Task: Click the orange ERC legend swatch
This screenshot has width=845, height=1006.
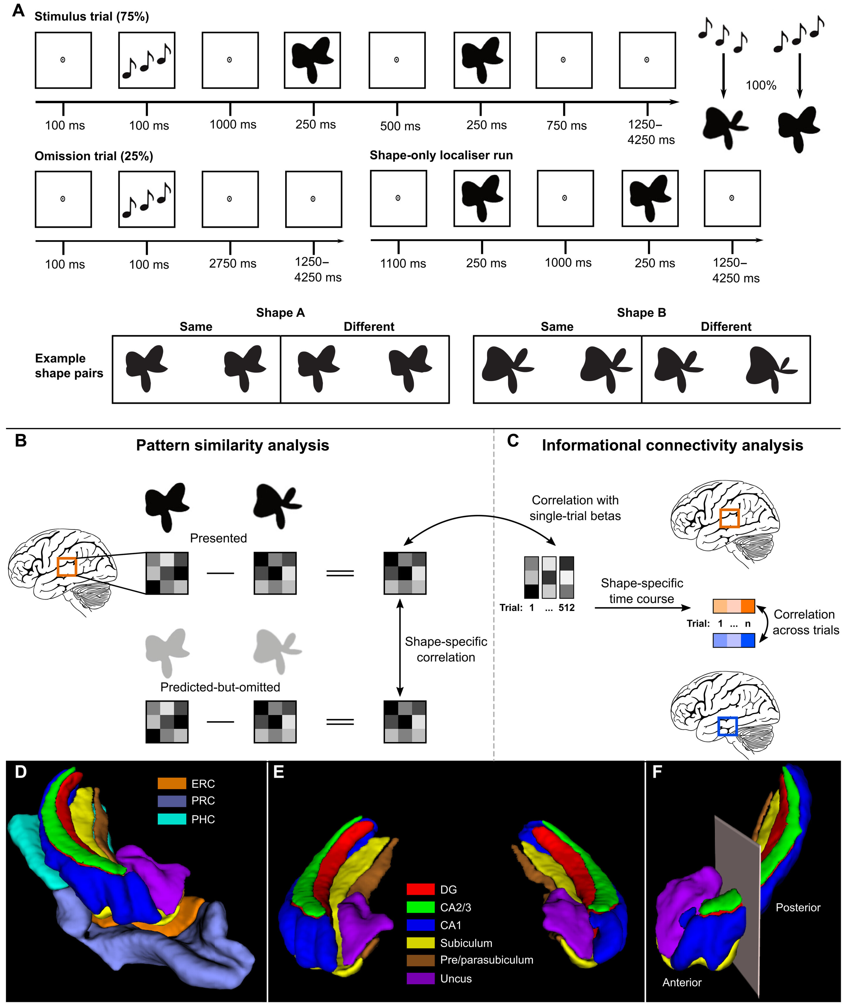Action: tap(172, 783)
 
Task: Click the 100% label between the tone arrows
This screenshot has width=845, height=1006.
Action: tap(760, 85)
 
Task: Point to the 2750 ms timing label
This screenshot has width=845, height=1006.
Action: tap(232, 263)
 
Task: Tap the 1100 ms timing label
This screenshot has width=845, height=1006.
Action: tap(403, 263)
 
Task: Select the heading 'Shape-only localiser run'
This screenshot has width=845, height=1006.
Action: tap(441, 155)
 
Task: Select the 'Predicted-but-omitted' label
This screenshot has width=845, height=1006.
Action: tap(220, 687)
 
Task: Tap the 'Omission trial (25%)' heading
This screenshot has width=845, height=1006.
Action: tap(94, 156)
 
